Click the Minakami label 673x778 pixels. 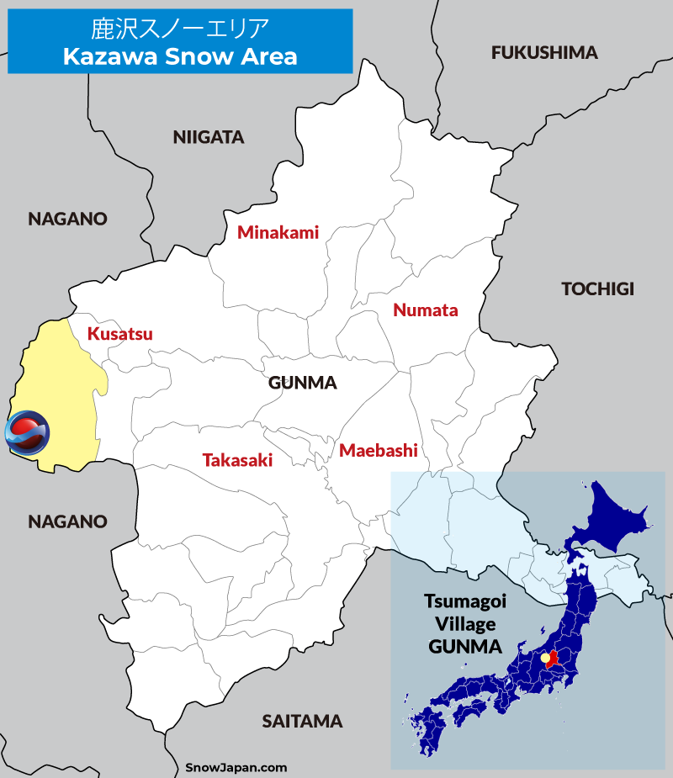[x=278, y=233]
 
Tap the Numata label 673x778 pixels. [x=426, y=310]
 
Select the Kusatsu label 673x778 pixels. [x=120, y=334]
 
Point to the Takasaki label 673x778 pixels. [x=237, y=460]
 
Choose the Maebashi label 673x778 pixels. [x=379, y=451]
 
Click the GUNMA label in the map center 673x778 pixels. [x=303, y=384]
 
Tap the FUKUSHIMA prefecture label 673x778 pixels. [x=544, y=53]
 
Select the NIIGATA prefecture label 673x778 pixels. [x=208, y=137]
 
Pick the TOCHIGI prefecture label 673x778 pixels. [x=597, y=289]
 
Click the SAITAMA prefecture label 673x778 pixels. [x=302, y=722]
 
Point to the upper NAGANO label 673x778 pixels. [x=67, y=220]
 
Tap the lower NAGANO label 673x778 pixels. [x=67, y=522]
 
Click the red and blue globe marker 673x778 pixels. [x=27, y=432]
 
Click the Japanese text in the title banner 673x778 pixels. [x=179, y=29]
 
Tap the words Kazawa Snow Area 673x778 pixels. [x=179, y=57]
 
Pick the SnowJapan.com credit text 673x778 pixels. [x=236, y=767]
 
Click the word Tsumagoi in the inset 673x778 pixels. [x=462, y=603]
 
